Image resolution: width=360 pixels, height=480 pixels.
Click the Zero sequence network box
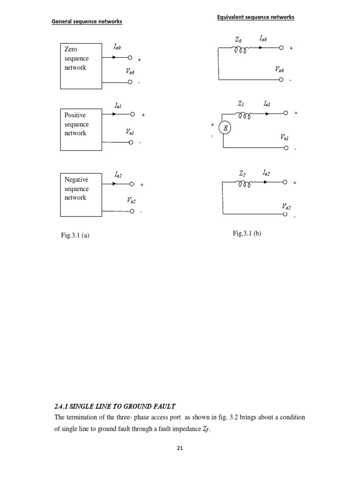click(81, 66)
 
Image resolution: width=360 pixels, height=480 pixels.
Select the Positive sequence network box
click(81, 129)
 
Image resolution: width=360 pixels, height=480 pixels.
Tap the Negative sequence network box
click(81, 195)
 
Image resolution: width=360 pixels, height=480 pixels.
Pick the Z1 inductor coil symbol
click(246, 114)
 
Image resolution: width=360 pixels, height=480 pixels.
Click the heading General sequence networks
click(87, 22)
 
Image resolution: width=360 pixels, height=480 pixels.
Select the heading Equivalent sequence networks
click(255, 17)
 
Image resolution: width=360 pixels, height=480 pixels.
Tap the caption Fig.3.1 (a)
click(72, 235)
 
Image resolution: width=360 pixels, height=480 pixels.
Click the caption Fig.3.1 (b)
click(247, 233)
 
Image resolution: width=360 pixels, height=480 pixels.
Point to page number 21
click(180, 448)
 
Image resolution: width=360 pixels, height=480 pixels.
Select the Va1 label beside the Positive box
click(130, 133)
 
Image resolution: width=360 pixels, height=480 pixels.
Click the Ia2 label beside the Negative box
click(118, 174)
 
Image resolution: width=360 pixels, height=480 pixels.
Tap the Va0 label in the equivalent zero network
click(280, 69)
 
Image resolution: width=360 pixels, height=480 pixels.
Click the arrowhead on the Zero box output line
click(116, 58)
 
